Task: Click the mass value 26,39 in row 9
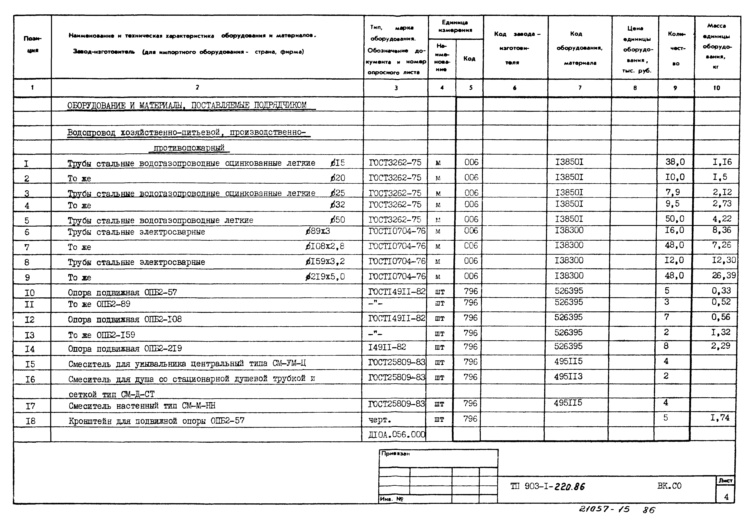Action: click(724, 275)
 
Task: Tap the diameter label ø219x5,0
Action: click(325, 277)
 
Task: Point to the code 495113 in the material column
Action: click(568, 377)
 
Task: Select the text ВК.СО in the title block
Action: click(669, 486)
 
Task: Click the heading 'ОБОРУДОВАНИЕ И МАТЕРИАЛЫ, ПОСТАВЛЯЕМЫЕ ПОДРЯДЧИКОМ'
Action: click(187, 105)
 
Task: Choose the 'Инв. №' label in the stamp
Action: click(391, 499)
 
